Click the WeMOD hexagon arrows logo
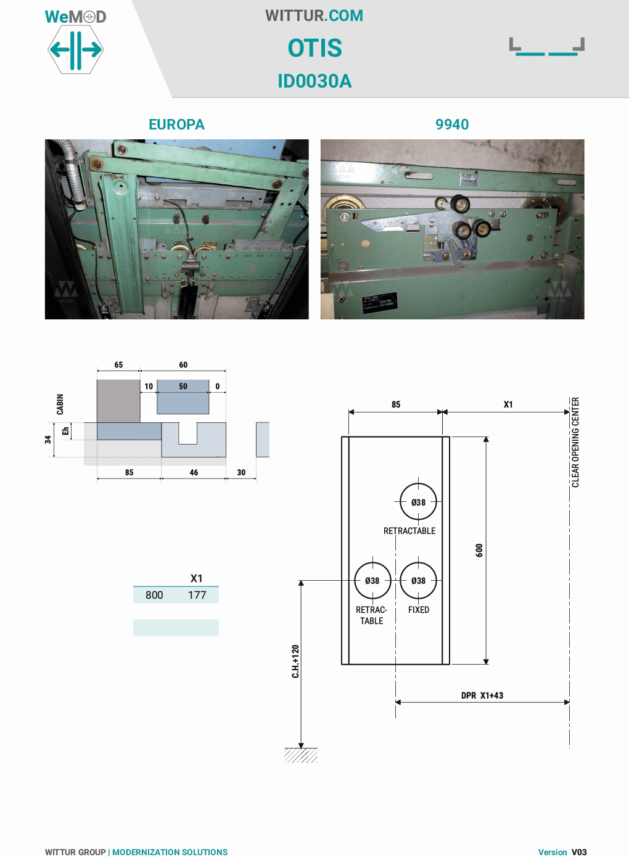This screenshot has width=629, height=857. click(x=76, y=49)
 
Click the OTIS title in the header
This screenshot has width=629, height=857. click(x=314, y=48)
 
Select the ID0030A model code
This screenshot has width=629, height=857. click(x=314, y=81)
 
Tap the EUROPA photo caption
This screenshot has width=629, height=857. click(x=176, y=125)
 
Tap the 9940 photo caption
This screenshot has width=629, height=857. click(x=452, y=125)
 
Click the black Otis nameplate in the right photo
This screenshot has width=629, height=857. click(x=379, y=303)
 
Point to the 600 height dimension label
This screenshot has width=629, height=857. click(x=479, y=550)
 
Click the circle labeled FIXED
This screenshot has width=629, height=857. click(x=418, y=580)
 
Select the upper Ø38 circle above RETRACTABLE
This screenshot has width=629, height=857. click(x=418, y=502)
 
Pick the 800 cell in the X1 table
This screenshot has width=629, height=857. click(x=154, y=595)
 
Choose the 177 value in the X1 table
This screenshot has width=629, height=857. click(x=197, y=595)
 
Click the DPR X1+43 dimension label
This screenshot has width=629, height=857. click(x=482, y=695)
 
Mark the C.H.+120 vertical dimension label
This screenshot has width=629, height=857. click(x=295, y=662)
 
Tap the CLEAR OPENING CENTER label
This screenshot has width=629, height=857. click(x=575, y=442)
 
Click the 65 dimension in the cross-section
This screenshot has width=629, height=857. click(x=118, y=364)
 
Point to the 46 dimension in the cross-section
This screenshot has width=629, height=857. click(x=194, y=472)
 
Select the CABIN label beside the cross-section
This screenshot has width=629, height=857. click(x=60, y=404)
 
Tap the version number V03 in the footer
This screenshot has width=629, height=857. click(x=579, y=852)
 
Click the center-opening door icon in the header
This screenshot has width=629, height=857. click(x=547, y=47)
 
